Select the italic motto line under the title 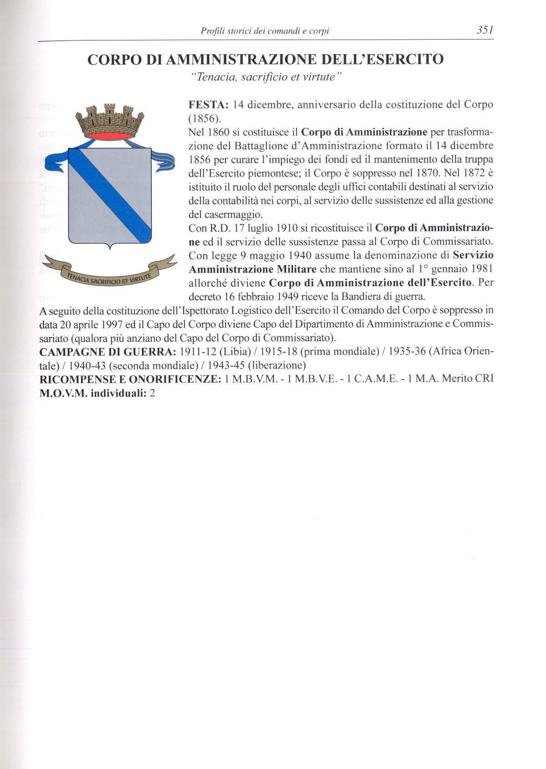265,77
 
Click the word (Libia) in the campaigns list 232,352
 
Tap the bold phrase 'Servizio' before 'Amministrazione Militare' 473,255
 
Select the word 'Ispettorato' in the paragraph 194,311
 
